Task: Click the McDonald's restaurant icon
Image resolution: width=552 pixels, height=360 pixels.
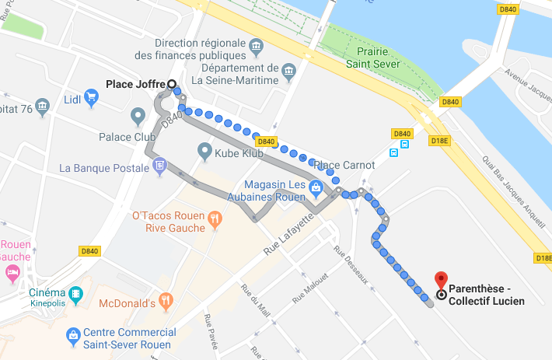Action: point(164,300)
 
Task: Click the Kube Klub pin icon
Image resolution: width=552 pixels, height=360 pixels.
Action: point(204,149)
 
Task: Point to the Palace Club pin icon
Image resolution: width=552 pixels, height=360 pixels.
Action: point(138,117)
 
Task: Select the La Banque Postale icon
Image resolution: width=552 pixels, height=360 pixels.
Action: point(159,165)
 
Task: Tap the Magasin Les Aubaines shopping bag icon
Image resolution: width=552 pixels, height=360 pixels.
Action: point(316,187)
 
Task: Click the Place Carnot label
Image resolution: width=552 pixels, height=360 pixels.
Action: point(343,165)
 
